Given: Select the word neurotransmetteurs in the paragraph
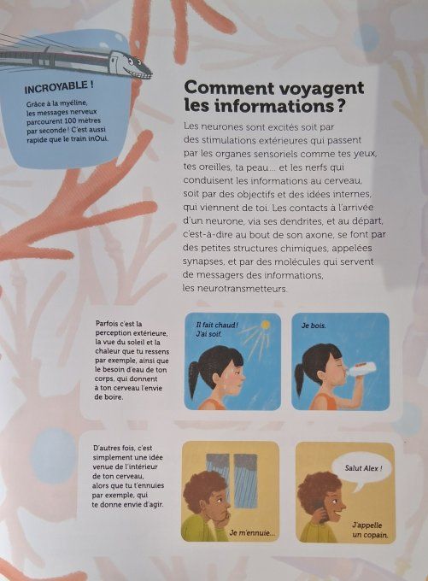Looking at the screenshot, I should coord(236,289).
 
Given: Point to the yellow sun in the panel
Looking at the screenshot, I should coord(266,326).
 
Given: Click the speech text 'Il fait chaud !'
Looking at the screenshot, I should coord(216,325).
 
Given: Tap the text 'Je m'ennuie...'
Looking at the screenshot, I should coord(252,533).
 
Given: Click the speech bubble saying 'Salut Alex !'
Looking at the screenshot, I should coord(364,469).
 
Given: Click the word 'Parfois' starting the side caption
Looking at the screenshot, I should coord(108,324).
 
